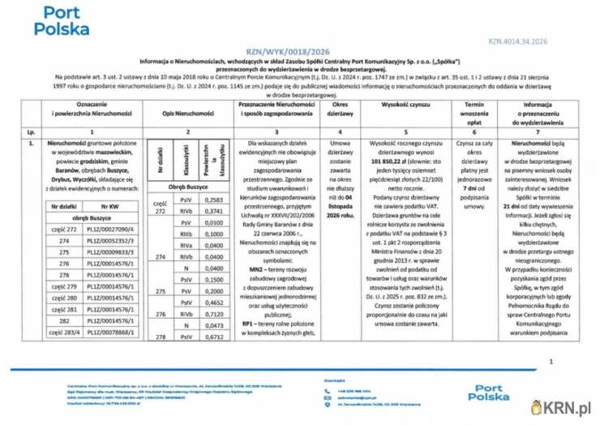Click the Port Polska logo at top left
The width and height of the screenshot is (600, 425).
pos(62,22)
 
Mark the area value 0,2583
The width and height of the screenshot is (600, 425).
pos(214,200)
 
